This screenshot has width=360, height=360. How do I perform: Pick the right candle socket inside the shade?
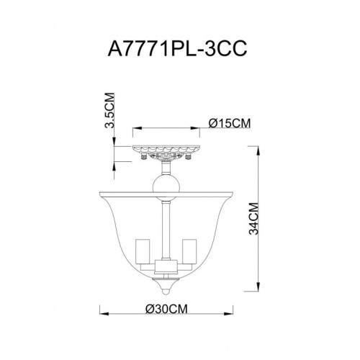point(191,252)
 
